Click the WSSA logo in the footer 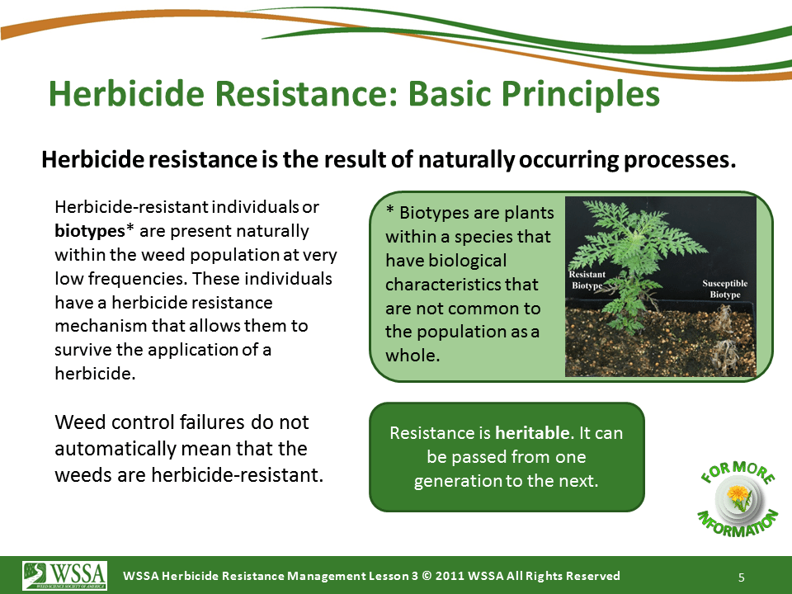tap(64, 575)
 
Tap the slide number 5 tap(742, 577)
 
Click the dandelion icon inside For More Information tap(739, 497)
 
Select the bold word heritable tap(532, 433)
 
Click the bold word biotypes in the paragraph tap(89, 231)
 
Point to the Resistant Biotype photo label tap(587, 280)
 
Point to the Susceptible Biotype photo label tap(725, 289)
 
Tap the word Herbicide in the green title tap(126, 93)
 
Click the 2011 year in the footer tap(450, 576)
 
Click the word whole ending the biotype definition tap(412, 355)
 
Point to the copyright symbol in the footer tap(427, 576)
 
